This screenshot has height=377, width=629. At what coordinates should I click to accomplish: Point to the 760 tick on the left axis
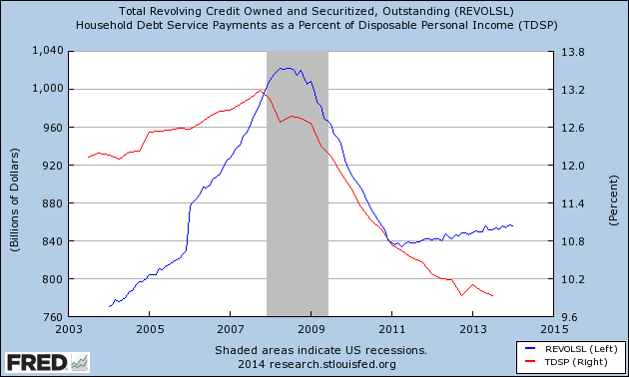52,317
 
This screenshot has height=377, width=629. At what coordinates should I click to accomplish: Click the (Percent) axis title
612,184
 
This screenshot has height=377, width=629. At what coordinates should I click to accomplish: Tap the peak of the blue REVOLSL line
287,68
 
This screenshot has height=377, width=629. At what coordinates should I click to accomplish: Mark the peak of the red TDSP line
261,91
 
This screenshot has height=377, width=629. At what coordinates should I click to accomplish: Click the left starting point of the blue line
108,306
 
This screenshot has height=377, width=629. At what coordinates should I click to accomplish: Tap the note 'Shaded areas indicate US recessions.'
320,350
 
